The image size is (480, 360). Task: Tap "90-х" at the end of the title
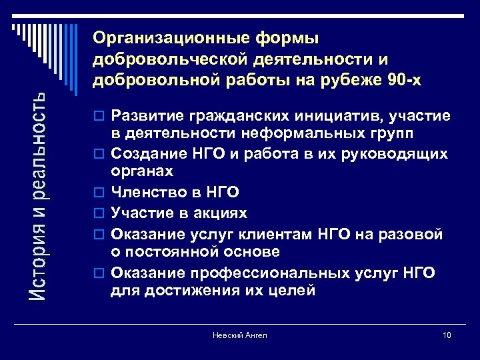404,81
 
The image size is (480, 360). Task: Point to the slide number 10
446,335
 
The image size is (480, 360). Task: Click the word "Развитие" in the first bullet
144,116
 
